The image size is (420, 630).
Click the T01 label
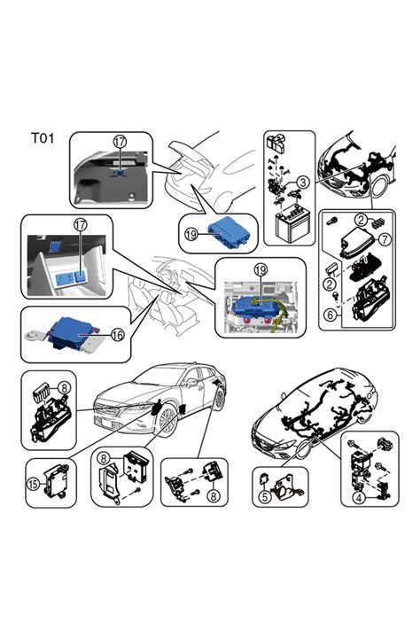(x=43, y=138)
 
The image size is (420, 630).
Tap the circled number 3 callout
(x=303, y=182)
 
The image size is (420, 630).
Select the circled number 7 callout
(x=385, y=239)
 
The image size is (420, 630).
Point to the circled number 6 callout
(x=331, y=315)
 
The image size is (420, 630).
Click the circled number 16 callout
(x=117, y=335)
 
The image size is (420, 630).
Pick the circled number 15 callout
(x=33, y=484)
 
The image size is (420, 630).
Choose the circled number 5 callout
(x=264, y=496)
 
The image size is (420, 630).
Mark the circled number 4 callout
(x=359, y=498)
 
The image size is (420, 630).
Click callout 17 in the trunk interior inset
(x=120, y=142)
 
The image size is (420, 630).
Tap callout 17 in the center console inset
(x=81, y=225)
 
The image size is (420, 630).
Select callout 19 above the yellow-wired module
(x=261, y=269)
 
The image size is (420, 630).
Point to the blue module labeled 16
(x=73, y=332)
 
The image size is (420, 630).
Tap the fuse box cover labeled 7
(x=357, y=242)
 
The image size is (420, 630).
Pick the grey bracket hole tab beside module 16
(x=31, y=335)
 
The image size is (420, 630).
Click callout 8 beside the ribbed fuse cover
(x=64, y=388)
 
